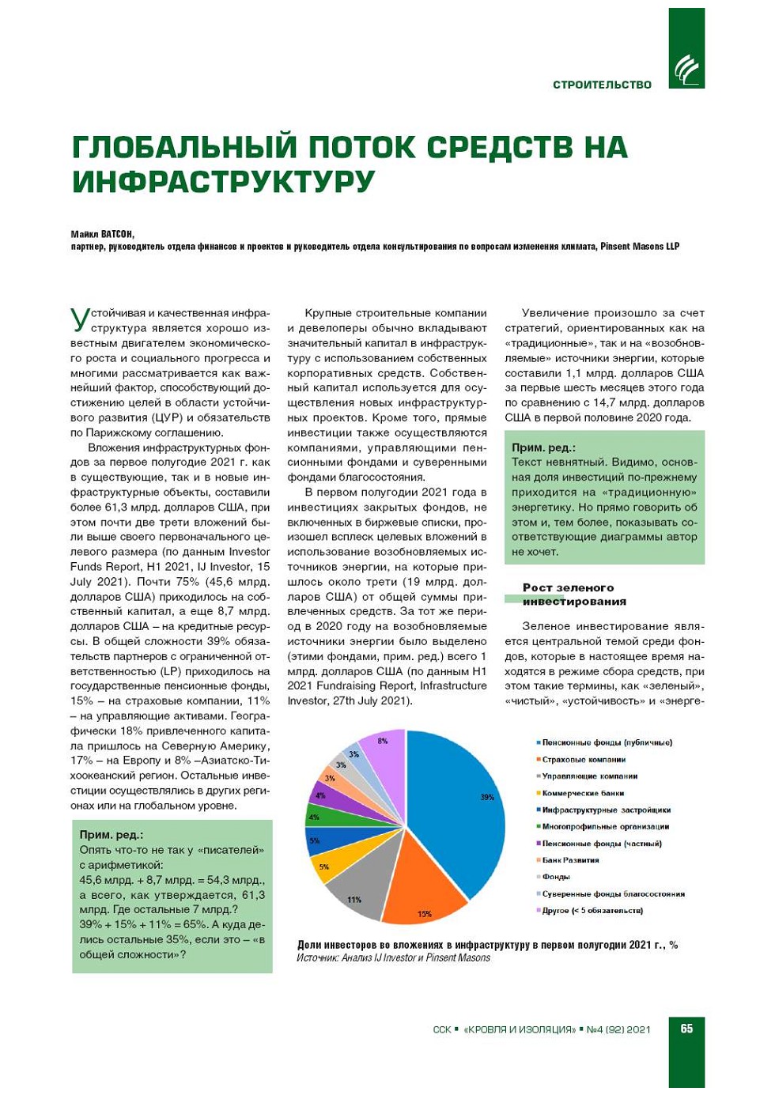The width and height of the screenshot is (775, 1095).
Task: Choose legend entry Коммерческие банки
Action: tap(583, 793)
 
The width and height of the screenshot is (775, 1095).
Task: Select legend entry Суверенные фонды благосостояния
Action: tap(613, 894)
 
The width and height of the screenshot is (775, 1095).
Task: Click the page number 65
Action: tap(686, 1029)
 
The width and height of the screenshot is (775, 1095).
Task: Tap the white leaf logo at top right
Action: tap(686, 70)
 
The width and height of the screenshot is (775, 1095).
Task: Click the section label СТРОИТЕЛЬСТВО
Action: tap(602, 85)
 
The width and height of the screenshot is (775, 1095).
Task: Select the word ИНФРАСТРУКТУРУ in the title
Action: tap(223, 182)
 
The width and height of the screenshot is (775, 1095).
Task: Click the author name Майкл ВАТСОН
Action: tap(102, 234)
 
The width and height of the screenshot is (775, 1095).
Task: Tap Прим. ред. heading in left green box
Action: tap(112, 835)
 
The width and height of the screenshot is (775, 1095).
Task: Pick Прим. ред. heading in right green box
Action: tap(543, 447)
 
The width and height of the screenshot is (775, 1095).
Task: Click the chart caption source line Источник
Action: tap(393, 958)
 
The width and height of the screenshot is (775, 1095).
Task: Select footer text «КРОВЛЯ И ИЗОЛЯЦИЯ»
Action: tap(520, 1029)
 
